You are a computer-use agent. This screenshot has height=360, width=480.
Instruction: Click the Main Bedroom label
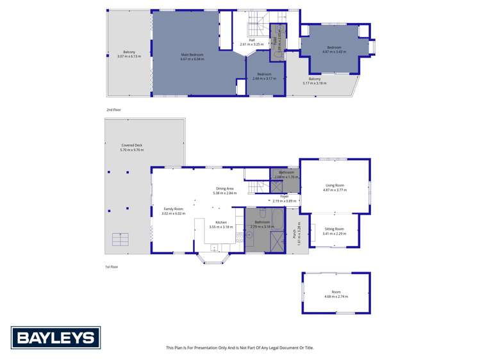(x=193, y=56)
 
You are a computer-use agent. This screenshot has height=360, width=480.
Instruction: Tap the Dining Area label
(x=224, y=190)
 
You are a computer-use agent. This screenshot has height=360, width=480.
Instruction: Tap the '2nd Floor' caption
(x=113, y=110)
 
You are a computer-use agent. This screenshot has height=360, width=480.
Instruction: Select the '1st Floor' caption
(x=112, y=266)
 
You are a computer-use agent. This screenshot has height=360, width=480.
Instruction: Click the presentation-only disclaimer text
(x=240, y=348)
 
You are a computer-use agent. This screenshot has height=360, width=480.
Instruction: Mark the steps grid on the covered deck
(x=120, y=239)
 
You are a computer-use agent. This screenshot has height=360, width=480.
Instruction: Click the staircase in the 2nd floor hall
(x=256, y=22)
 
